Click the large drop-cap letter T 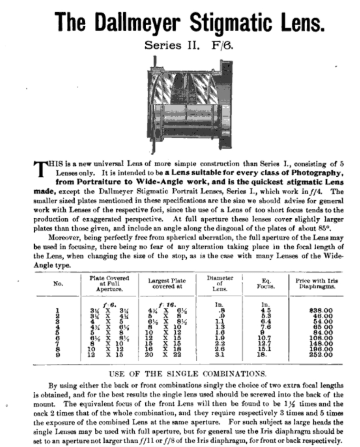pyautogui.click(x=41, y=169)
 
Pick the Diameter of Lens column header pyautogui.click(x=218, y=284)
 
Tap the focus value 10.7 pyautogui.click(x=265, y=338)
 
